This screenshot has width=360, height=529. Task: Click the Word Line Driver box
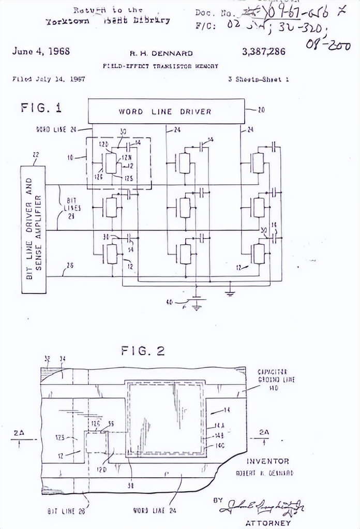pyautogui.click(x=165, y=111)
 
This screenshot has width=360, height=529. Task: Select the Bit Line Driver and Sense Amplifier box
pyautogui.click(x=33, y=229)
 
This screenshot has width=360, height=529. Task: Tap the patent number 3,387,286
pyautogui.click(x=263, y=52)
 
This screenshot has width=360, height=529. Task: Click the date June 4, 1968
pyautogui.click(x=41, y=51)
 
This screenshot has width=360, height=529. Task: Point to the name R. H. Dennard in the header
pyautogui.click(x=161, y=53)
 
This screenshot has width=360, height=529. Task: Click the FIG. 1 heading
pyautogui.click(x=41, y=108)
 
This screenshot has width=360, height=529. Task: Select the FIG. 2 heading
pyautogui.click(x=143, y=351)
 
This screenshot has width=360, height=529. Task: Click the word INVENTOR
pyautogui.click(x=267, y=461)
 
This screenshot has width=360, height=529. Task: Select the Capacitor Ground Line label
pyautogui.click(x=277, y=379)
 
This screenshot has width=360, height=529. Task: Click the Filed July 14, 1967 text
pyautogui.click(x=49, y=79)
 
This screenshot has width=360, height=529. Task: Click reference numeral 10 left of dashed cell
pyautogui.click(x=70, y=156)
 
